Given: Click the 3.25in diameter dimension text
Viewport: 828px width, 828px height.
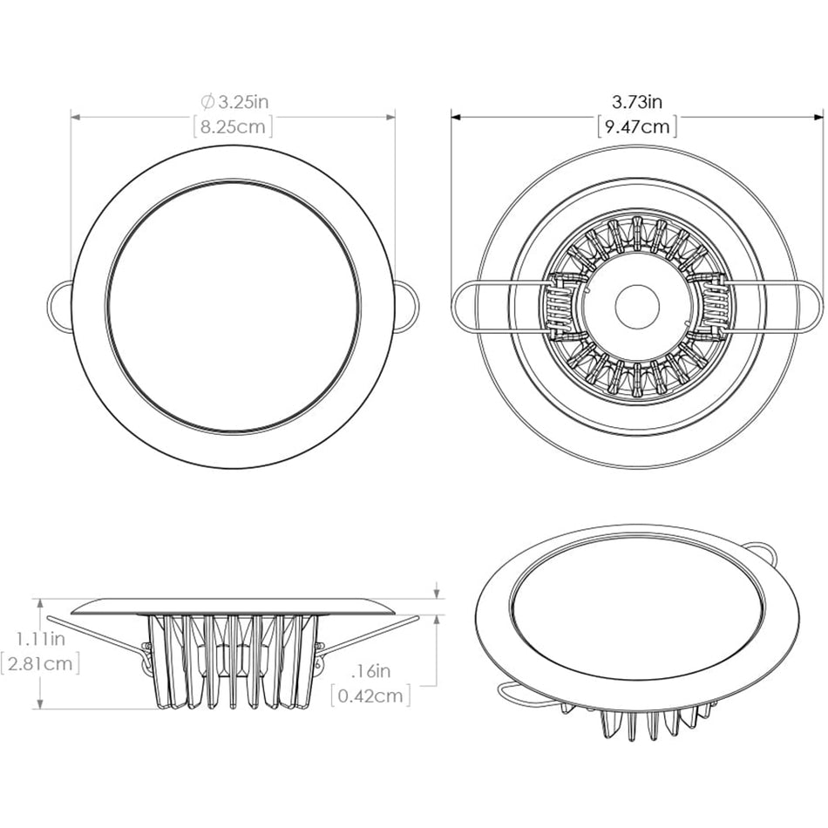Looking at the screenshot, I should (239, 103).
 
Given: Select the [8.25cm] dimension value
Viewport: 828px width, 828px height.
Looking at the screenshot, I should (233, 127).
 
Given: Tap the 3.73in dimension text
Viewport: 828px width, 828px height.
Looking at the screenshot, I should (638, 103).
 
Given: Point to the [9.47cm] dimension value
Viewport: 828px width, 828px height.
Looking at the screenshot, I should (638, 127).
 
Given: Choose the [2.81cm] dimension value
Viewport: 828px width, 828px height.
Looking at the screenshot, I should (41, 664).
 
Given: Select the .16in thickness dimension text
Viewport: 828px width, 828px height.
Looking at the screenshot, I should (370, 672).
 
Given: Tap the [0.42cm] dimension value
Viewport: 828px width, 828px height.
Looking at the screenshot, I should (370, 696).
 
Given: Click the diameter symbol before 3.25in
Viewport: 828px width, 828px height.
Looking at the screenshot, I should (207, 103).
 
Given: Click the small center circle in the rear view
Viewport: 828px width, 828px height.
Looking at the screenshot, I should (637, 306).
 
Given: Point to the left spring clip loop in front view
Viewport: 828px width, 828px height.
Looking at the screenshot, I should (58, 307).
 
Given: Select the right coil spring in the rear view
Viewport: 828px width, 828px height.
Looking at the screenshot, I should (714, 306).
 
